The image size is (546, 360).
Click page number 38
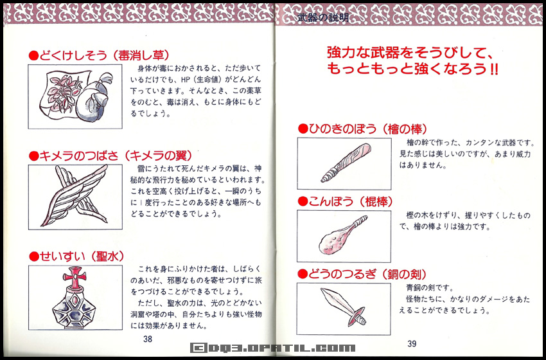pos(148,339)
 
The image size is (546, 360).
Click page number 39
pos(412,343)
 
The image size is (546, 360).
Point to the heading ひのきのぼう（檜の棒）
pos(363,129)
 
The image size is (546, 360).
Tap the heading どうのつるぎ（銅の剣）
pos(363,274)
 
